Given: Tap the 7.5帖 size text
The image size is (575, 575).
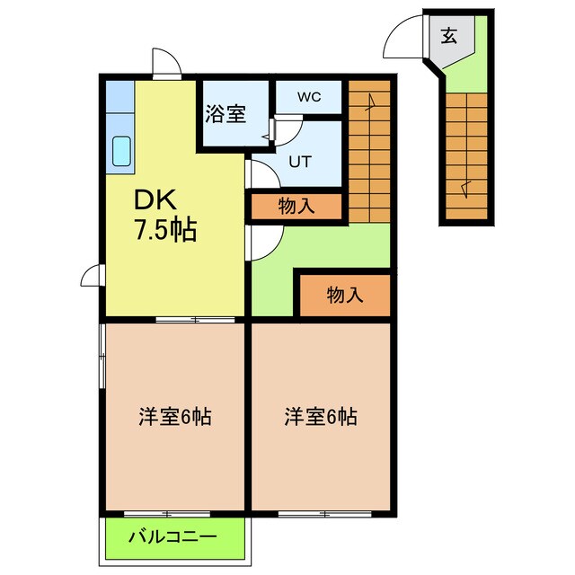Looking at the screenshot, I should pos(166,230).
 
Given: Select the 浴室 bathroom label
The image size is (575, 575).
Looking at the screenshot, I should pos(226,114).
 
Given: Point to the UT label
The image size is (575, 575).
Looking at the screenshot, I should pos(299,163).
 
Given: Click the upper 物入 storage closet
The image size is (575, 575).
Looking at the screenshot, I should pos(296,207).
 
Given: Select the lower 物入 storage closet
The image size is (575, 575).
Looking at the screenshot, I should pos(345,296).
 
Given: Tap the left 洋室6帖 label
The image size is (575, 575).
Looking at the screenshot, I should pos(174,418).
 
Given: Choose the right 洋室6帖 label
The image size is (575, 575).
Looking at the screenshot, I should pos(322,418).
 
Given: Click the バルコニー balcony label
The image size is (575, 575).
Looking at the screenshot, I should pos(172,539).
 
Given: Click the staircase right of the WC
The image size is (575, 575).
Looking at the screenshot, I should pos(369,153).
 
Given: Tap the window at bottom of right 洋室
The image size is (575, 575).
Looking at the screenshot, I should pos(321,513).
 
